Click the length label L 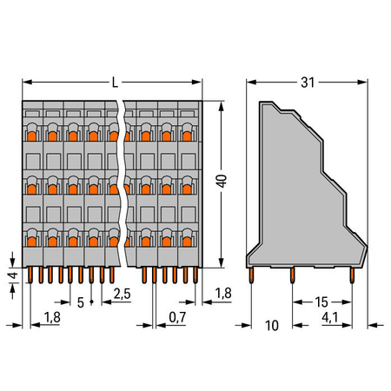pos(115,83)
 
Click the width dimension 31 pos(308,83)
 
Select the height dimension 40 pos(222,181)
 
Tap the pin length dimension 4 pos(14,275)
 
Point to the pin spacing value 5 pos(81,302)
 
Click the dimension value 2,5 pos(122,294)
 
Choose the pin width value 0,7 pos(177,317)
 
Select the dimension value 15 pos(321,302)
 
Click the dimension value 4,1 pos(330,317)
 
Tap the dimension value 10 pos(272,326)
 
